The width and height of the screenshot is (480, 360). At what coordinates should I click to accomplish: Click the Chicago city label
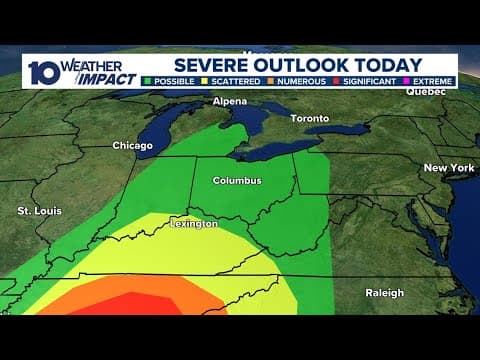tap(132, 146)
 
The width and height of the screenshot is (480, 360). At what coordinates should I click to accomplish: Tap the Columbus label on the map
tap(237, 181)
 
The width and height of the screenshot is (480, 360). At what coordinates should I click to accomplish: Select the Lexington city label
tap(193, 224)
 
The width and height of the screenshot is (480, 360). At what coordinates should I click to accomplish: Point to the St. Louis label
tap(38, 211)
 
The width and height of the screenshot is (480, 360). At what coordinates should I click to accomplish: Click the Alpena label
tap(231, 102)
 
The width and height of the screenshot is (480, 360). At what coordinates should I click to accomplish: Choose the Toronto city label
tap(309, 119)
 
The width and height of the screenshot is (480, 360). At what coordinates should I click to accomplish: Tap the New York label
tap(449, 168)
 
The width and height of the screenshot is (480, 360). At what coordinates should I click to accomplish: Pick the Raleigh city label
tap(384, 293)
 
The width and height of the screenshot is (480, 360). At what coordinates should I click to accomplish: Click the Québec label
tap(425, 91)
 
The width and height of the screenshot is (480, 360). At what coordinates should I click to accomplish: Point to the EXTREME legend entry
tap(435, 80)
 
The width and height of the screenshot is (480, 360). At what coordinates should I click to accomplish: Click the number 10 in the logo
tap(42, 71)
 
